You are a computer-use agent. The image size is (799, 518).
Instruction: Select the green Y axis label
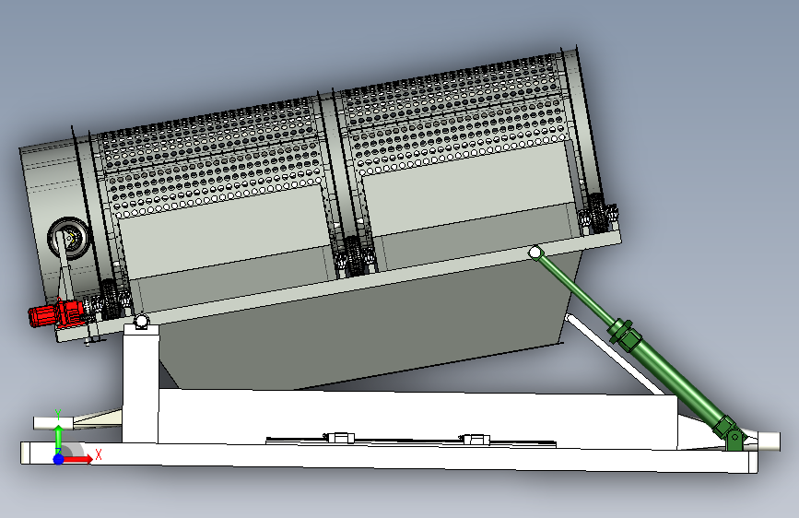(x=58, y=414)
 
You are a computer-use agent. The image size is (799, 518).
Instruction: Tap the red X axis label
(x=99, y=454)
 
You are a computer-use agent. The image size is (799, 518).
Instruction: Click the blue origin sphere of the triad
(x=59, y=459)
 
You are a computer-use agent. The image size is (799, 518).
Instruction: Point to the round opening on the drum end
(x=69, y=238)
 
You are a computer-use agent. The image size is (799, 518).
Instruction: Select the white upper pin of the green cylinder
(x=535, y=252)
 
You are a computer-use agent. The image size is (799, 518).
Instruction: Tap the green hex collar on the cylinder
(x=625, y=333)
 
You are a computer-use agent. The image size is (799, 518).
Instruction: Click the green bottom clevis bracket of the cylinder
(x=733, y=435)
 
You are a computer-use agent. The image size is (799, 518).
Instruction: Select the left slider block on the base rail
(x=339, y=438)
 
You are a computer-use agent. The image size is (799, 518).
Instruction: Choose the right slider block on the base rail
(x=475, y=439)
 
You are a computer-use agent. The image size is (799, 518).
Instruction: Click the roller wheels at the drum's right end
(x=598, y=213)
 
